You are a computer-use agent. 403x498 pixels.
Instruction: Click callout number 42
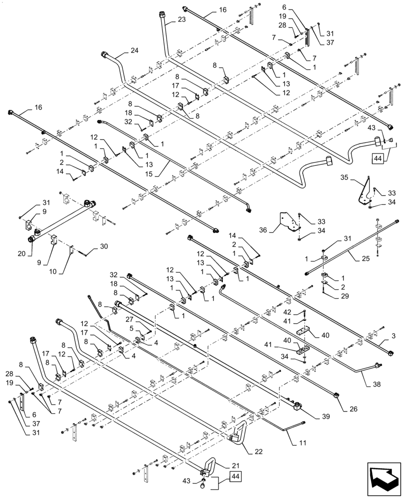287,312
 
